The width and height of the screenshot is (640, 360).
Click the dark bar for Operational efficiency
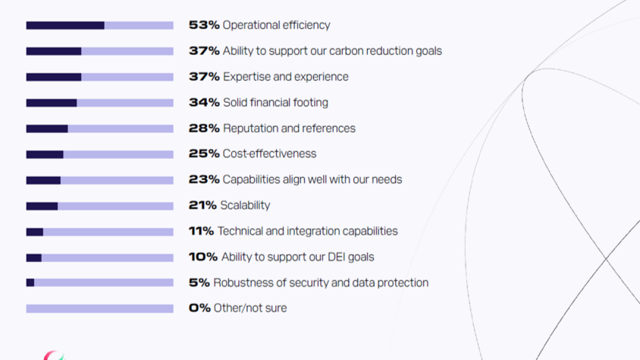[65, 25]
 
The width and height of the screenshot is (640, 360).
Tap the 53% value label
[204, 25]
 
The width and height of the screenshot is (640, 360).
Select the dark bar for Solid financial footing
[51, 103]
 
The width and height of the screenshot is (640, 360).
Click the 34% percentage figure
[204, 102]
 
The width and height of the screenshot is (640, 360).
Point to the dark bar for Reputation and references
[47, 128]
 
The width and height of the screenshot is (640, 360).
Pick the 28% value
[204, 128]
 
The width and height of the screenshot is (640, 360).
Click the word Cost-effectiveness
[269, 153]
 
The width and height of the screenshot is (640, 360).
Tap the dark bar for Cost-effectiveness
[44, 154]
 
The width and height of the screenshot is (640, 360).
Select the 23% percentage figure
[204, 179]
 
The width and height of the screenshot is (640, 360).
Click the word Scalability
[245, 205]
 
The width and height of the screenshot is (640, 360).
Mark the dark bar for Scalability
[41, 206]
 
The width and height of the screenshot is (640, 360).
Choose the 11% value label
[201, 231]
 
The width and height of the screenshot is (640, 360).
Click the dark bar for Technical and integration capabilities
[34, 232]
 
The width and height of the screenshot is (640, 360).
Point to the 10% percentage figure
[203, 257]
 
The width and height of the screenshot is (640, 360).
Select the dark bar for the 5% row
[30, 282]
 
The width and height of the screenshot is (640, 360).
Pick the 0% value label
[199, 308]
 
